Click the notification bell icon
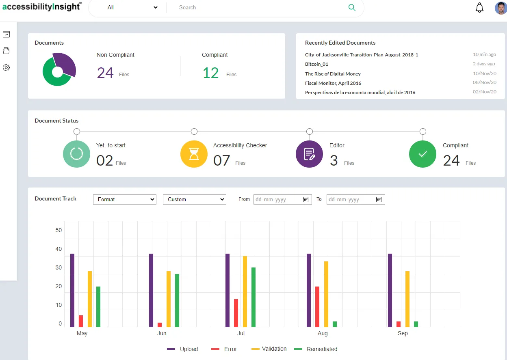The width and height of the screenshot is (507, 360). [480, 8]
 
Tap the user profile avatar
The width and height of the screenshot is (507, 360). [501, 8]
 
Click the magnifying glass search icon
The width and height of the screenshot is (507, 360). [352, 8]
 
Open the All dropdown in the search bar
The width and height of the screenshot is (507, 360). [132, 8]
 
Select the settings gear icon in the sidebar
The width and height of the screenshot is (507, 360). [6, 68]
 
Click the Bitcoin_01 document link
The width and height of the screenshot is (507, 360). [316, 64]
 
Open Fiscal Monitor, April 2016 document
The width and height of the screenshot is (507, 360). [333, 83]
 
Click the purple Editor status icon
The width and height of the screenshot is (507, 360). [309, 154]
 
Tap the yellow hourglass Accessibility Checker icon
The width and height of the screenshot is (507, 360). [194, 154]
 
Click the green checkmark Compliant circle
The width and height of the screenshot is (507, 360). [422, 154]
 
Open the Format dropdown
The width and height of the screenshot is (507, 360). [124, 199]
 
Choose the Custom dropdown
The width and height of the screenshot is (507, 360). [194, 199]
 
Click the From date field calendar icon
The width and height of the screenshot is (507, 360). [305, 199]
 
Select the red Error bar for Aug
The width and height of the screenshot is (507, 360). [317, 306]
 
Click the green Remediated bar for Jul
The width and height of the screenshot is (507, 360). [253, 297]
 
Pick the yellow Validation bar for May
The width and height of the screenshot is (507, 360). [90, 299]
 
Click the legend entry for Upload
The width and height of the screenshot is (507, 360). [182, 349]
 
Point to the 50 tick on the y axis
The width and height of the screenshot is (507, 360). [58, 230]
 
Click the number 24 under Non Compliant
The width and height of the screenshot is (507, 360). [105, 73]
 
